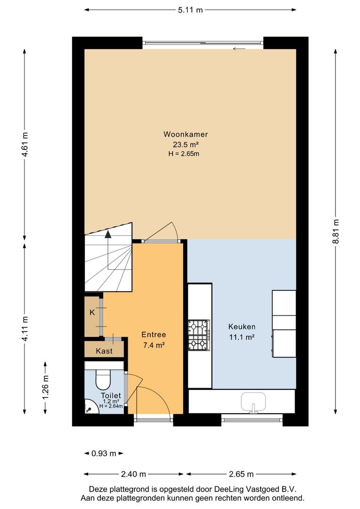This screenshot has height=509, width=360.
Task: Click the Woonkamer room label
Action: (x=185, y=134)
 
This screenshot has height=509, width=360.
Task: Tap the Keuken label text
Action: (x=242, y=327)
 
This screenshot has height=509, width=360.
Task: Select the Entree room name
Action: (x=154, y=334)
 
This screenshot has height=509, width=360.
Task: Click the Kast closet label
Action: (x=104, y=351)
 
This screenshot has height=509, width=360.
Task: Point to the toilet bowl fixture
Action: (x=103, y=379)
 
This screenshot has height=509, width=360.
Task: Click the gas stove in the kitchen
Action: (x=199, y=336)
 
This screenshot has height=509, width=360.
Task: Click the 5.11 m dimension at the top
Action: (x=190, y=10)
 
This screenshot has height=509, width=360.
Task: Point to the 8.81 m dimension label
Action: (x=336, y=231)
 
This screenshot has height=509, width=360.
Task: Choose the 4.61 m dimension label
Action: (x=25, y=144)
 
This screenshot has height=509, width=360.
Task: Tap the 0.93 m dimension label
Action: (x=104, y=453)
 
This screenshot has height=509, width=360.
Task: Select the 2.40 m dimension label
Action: (x=133, y=474)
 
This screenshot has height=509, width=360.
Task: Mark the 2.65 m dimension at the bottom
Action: (x=241, y=474)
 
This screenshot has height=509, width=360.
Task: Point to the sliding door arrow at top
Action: (x=239, y=49)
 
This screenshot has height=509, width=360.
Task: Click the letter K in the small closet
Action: (x=92, y=312)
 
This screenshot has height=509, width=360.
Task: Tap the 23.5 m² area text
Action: (x=185, y=144)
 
